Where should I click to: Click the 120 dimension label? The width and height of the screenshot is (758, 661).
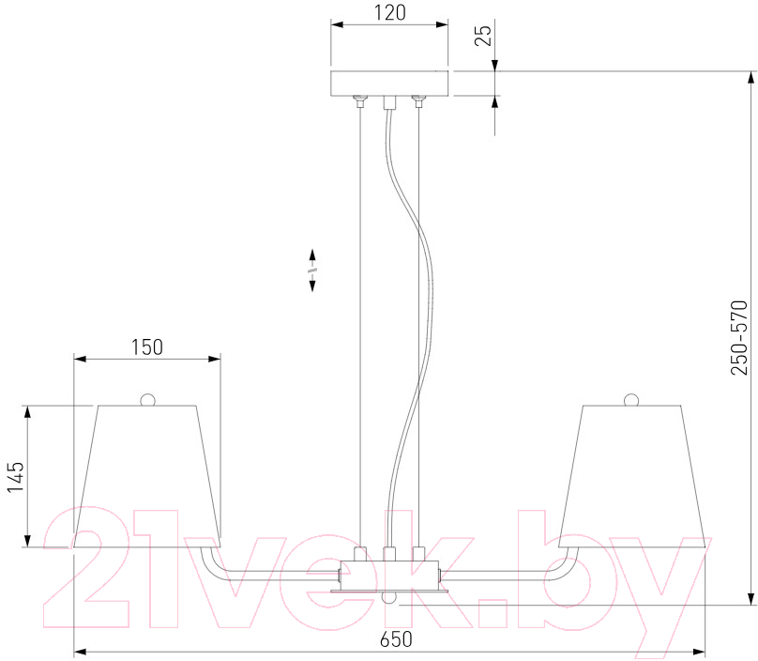(x=390, y=12)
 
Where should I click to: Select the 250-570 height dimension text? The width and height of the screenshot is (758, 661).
(x=738, y=337)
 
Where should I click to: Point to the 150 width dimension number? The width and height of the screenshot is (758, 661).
(x=147, y=347)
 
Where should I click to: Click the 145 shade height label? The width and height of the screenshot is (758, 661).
(x=15, y=477)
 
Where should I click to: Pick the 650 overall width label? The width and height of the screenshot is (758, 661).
(x=396, y=639)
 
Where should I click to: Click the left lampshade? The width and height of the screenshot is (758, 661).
(x=147, y=476)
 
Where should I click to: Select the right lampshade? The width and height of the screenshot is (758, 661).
(x=632, y=476)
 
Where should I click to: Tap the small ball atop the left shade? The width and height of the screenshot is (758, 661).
(x=147, y=400)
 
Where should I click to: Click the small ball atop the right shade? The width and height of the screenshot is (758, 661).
(x=631, y=400)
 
